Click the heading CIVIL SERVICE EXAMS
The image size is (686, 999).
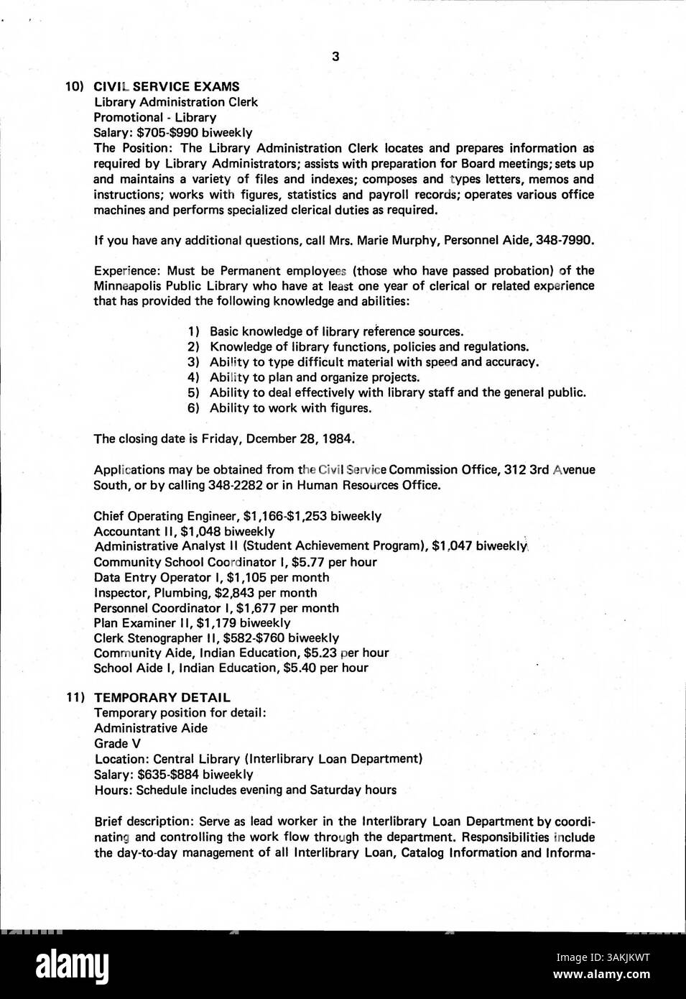coord(167,86)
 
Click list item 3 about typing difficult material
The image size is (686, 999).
coord(374,362)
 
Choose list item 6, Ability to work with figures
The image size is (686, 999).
coord(290,408)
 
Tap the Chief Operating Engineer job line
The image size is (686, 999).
coord(237,516)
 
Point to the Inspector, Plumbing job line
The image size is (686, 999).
coord(205,593)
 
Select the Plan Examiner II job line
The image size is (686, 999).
coord(192,623)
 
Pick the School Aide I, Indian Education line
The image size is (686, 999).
coord(231,668)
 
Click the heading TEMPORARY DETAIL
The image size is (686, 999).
coord(162,697)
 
